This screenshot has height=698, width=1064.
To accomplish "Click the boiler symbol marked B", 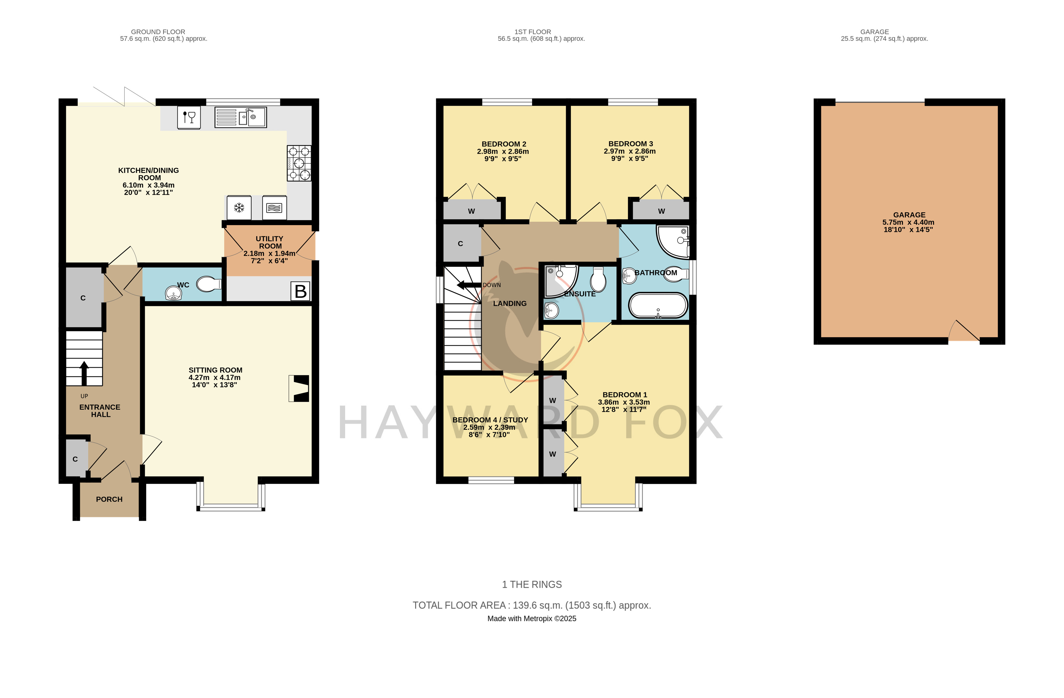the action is tap(300, 291).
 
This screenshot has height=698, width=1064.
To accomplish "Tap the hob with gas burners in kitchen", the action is tap(299, 163).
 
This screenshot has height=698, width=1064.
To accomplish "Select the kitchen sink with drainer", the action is tap(241, 117).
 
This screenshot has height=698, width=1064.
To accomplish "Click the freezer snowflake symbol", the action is tap(239, 208).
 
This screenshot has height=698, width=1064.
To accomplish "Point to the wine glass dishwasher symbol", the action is tap(189, 118).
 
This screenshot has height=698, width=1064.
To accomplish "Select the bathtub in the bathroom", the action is tap(658, 306).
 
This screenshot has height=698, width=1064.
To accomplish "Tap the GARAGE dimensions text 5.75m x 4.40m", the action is tap(908, 222).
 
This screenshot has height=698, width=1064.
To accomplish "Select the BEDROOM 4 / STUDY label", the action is tap(490, 420).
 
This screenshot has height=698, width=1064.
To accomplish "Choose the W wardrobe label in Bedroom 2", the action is tap(471, 211).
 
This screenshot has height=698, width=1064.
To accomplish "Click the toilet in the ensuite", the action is tap(598, 279).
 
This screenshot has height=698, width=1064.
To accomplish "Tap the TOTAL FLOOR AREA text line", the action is tap(532, 605).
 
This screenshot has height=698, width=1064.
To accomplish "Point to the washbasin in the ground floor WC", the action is tap(174, 293).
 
